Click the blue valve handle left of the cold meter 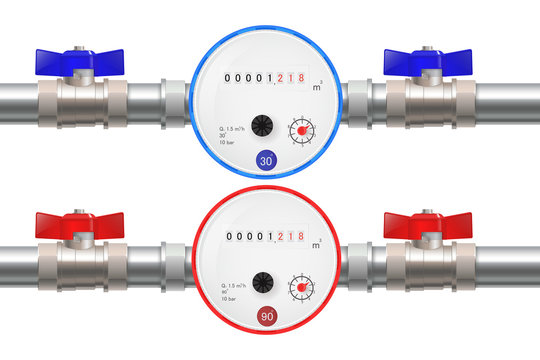click(77, 61)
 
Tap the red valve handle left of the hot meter click(77, 222)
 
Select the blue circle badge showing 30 click(266, 160)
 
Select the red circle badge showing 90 click(266, 317)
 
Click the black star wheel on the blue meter click(263, 125)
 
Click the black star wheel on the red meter click(263, 282)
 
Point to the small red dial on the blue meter click(301, 131)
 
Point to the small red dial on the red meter click(301, 289)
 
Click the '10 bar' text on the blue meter click(226, 144)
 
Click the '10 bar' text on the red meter click(226, 300)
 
